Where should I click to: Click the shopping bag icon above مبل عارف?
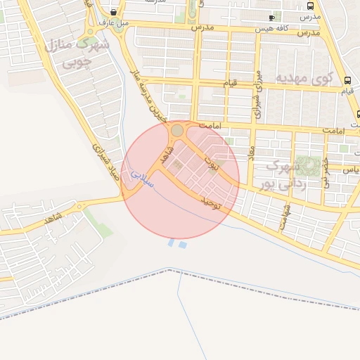(114, 12)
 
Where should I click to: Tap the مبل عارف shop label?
(114, 22)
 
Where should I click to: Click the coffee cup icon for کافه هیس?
(272, 17)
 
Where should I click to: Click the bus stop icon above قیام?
(347, 79)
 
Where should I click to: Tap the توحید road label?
(211, 202)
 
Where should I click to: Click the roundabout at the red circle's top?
(177, 130)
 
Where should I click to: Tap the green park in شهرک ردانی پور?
(308, 166)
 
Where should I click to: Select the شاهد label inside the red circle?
(167, 155)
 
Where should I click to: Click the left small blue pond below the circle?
(172, 243)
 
